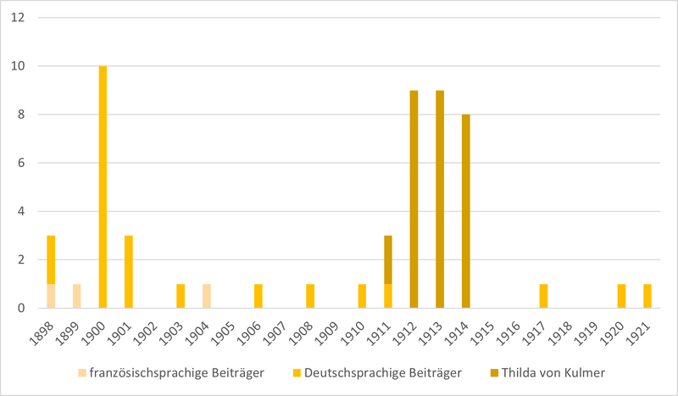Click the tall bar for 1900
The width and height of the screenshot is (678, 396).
[103, 187]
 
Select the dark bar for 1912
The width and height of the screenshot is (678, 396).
[414, 199]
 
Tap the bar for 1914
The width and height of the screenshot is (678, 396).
[465, 211]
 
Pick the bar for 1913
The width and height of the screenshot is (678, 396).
[440, 199]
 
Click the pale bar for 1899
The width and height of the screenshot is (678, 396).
[77, 296]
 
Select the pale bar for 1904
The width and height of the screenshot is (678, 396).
[207, 296]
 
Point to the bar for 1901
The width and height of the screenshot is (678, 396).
[129, 271]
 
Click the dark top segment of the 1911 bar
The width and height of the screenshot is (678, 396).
[388, 259]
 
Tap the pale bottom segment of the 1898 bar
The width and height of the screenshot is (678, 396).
[51, 296]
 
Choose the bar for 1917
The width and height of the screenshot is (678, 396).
[543, 296]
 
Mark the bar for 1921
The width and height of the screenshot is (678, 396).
[647, 296]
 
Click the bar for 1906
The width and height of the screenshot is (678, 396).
[258, 296]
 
